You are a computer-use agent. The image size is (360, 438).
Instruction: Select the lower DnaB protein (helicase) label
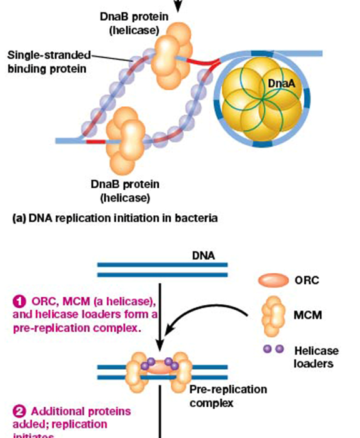click(124, 191)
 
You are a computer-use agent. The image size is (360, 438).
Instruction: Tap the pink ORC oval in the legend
click(274, 280)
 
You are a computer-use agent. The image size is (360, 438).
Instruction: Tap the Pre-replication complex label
click(227, 396)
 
